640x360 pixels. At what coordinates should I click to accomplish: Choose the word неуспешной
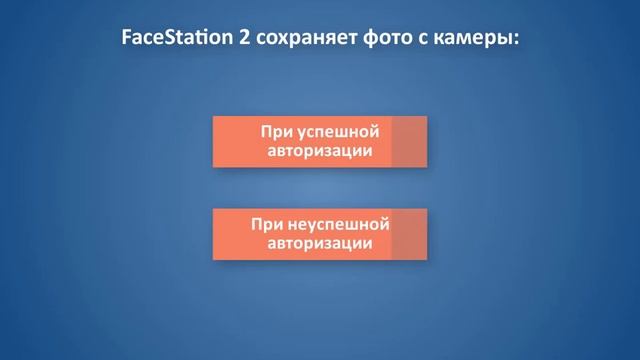tap(336, 223)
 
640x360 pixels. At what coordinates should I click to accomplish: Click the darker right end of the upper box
tap(409, 141)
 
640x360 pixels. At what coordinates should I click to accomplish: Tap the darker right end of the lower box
tap(409, 234)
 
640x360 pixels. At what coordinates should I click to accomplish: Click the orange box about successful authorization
tap(300, 141)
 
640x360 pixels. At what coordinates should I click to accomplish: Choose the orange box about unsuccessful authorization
tap(300, 234)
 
